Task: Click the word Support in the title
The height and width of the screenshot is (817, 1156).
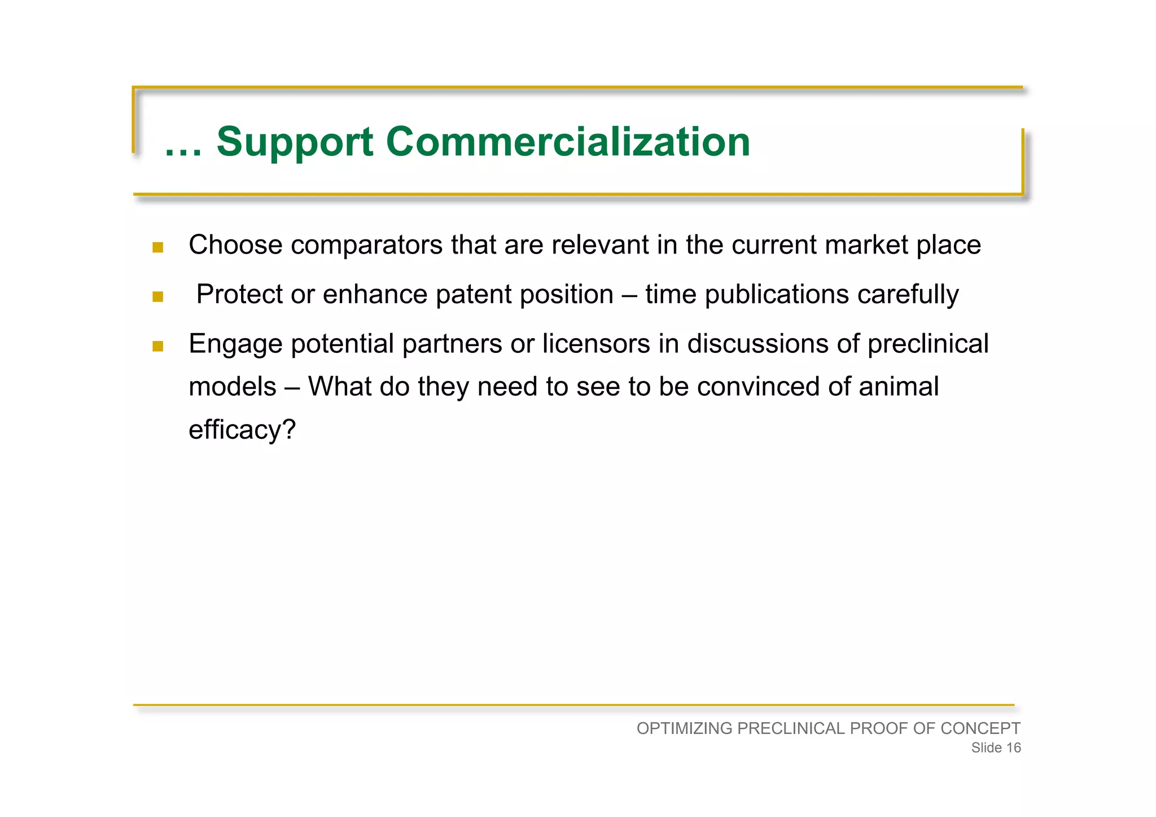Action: point(295,142)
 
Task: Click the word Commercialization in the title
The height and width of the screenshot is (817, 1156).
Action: point(568,142)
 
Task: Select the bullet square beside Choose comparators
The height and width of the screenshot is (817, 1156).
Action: point(158,247)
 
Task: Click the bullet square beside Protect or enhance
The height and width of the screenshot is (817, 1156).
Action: point(158,296)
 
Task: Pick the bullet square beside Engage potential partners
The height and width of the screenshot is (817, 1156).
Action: point(158,346)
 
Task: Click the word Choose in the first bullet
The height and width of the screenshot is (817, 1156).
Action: point(235,245)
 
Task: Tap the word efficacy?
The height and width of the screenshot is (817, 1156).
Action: point(242,430)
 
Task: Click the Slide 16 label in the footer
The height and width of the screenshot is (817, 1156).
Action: point(996,748)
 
